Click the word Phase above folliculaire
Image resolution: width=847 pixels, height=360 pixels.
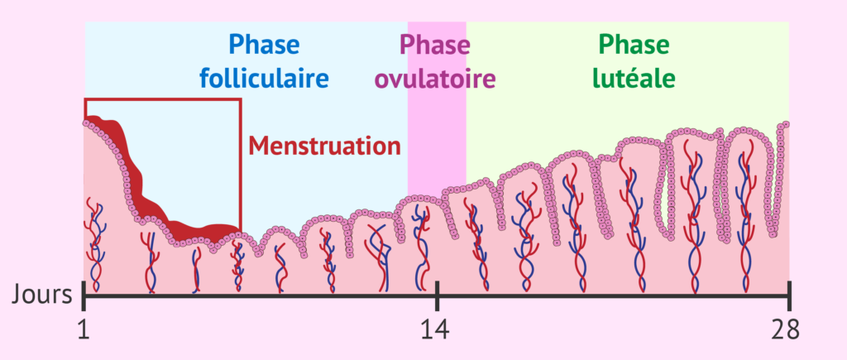(264, 45)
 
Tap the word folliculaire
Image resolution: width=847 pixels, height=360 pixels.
(264, 79)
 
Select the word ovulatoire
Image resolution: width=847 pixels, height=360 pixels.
(435, 79)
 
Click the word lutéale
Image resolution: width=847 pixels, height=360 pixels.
(633, 79)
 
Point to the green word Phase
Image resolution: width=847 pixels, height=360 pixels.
(634, 45)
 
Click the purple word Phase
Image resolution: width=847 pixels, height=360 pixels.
(435, 45)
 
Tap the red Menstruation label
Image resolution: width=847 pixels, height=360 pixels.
(324, 146)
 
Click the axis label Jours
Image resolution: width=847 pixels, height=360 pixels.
(41, 295)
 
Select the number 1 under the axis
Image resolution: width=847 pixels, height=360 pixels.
(84, 331)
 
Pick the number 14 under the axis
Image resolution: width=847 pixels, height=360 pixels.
(437, 331)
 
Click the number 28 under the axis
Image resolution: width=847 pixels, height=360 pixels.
(785, 331)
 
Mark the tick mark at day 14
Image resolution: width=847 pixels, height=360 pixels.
(437, 295)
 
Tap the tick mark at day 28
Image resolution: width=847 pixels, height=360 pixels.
(789, 295)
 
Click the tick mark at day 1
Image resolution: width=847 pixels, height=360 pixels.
(84, 295)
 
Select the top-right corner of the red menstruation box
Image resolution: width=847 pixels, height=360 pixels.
(240, 99)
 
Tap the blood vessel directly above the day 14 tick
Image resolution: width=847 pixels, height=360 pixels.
(420, 248)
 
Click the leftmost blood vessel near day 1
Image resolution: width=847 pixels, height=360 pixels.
(95, 246)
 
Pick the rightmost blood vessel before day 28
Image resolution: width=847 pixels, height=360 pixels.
(747, 216)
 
